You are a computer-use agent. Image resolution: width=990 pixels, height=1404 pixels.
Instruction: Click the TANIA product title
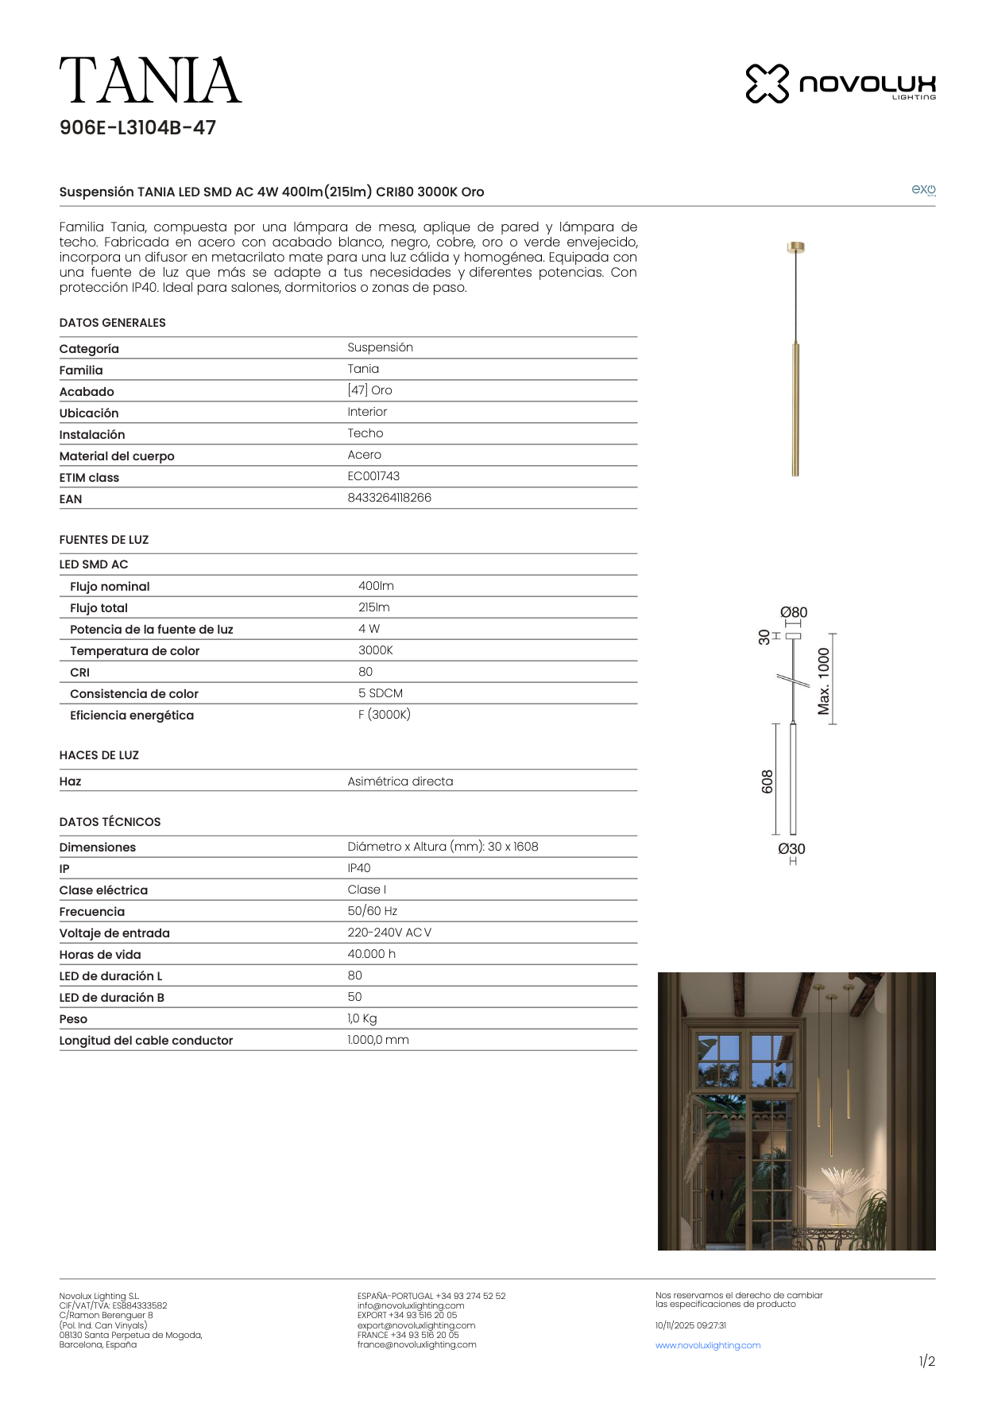150,81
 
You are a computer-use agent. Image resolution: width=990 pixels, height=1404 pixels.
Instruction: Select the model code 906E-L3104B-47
137,128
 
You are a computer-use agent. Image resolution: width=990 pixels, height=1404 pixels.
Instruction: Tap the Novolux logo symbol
767,83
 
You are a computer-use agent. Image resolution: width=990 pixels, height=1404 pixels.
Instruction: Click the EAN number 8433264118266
389,498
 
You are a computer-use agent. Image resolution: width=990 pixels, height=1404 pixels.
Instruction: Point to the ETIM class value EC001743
373,476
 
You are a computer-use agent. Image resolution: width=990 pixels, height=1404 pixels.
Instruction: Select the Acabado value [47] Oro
369,390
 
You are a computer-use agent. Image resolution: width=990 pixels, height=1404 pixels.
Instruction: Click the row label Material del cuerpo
117,456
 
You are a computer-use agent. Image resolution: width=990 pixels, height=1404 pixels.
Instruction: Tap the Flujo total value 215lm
373,607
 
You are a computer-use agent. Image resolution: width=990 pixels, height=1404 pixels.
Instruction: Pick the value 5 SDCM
380,693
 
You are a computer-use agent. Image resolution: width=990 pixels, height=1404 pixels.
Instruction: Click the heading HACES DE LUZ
99,755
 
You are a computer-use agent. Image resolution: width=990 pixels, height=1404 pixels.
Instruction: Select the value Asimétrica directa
400,782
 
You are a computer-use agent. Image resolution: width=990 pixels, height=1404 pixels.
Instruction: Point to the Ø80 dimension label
793,612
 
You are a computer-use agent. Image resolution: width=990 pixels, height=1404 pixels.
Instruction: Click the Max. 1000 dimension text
824,681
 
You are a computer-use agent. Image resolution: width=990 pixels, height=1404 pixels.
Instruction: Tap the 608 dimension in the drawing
767,782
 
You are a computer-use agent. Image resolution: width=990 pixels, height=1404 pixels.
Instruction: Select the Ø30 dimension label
791,849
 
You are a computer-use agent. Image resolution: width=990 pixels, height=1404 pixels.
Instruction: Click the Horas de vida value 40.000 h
371,954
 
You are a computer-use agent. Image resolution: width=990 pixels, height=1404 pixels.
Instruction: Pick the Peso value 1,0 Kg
362,1018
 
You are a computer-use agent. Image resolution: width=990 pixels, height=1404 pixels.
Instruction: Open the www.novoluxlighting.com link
708,1345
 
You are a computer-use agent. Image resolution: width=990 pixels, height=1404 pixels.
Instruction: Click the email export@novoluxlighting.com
416,1325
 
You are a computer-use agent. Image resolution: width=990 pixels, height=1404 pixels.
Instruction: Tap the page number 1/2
926,1362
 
